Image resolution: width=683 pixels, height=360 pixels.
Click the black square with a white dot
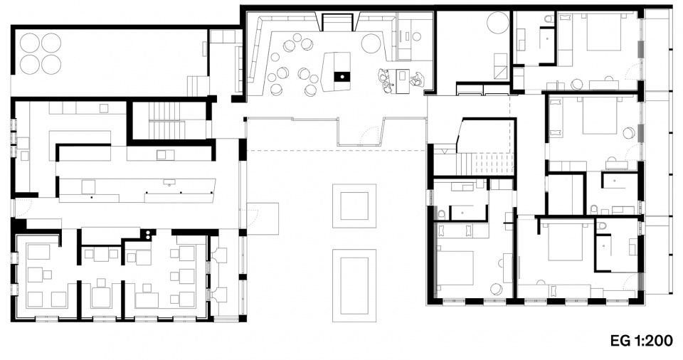click(x=342, y=77)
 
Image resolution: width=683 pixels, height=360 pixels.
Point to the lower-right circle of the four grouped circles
click(x=51, y=64)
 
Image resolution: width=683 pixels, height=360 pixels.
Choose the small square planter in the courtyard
click(x=354, y=206)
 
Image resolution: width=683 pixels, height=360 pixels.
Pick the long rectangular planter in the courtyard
click(x=354, y=285)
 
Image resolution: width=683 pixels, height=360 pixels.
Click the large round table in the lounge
click(x=371, y=43)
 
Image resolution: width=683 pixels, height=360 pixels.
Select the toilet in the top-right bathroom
click(x=549, y=19)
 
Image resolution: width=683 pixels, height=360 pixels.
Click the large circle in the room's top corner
click(x=498, y=23)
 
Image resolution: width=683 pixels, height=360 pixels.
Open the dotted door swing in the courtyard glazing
click(x=369, y=134)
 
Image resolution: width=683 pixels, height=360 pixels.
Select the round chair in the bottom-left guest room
click(x=496, y=289)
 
